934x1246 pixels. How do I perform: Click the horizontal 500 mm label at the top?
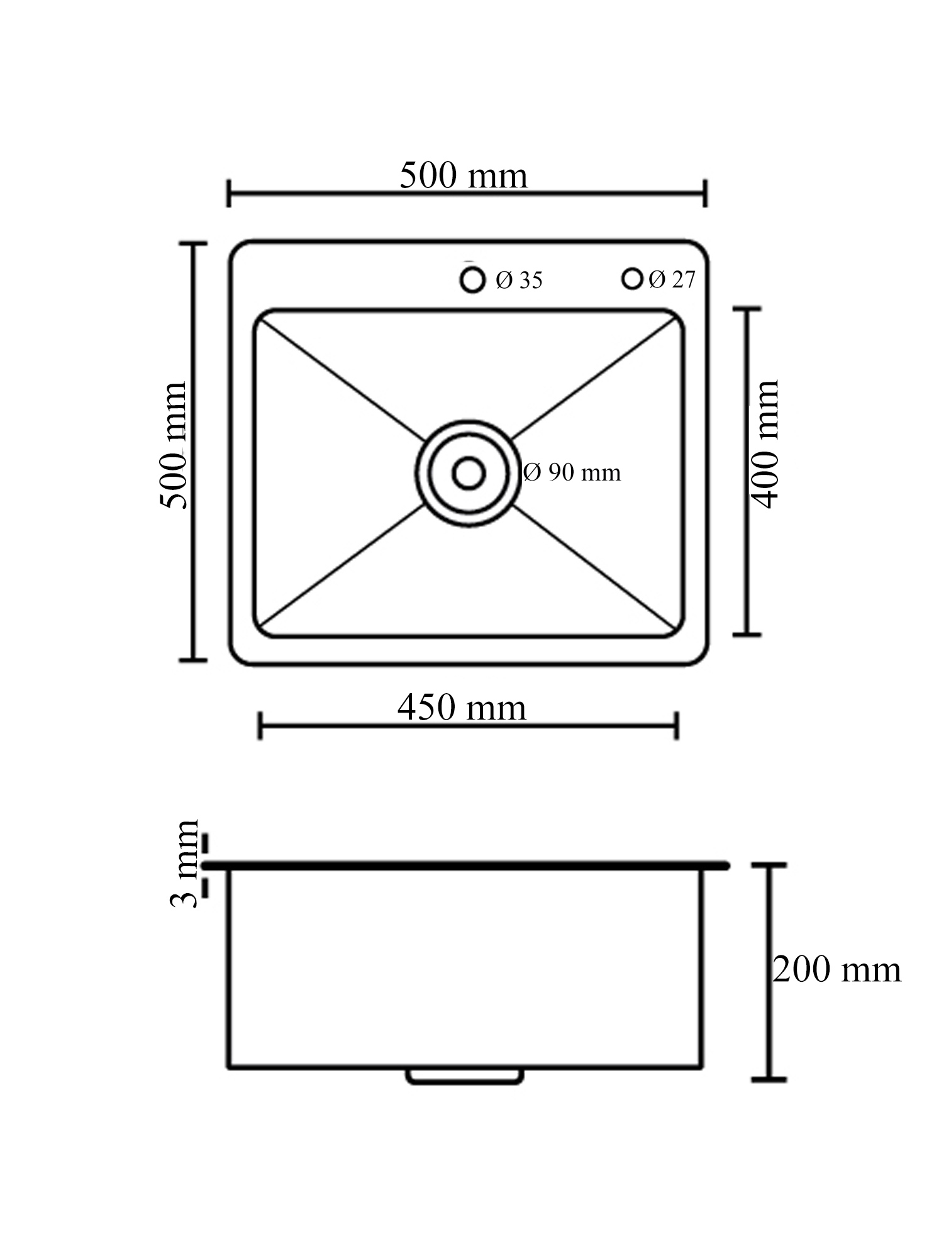463,175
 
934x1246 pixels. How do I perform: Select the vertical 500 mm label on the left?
173,445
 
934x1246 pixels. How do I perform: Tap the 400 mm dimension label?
765,443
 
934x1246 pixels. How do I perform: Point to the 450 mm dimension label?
462,708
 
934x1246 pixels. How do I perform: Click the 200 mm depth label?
837,969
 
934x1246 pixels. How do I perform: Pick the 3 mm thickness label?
184,863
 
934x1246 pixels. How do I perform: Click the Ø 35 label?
519,280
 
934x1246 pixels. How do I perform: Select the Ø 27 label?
672,279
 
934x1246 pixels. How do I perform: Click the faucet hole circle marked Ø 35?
472,268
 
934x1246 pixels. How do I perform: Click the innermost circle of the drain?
468,459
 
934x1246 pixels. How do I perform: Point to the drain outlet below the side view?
465,1077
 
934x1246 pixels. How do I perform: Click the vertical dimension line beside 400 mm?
747,472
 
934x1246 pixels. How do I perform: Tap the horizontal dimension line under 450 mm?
468,726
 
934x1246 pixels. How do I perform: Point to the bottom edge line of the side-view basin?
465,1067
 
